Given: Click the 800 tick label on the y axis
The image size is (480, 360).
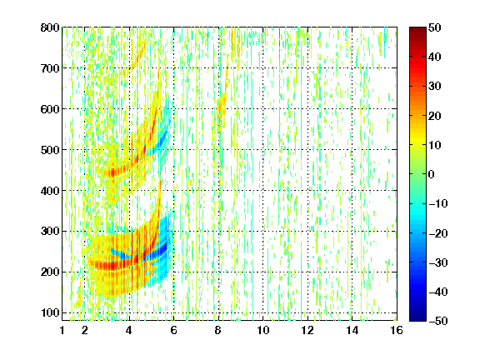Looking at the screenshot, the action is click(50, 27).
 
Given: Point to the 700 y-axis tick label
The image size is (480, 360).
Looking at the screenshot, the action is click(50, 68).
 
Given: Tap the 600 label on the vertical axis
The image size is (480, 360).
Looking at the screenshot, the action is click(50, 109).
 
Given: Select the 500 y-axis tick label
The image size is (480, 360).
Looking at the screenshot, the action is click(50, 150).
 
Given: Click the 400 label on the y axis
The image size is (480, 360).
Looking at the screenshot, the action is click(50, 191).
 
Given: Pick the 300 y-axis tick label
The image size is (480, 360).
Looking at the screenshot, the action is click(50, 232).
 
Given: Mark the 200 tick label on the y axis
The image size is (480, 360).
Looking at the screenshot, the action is click(50, 272).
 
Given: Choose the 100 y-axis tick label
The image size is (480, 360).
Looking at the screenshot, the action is click(50, 312).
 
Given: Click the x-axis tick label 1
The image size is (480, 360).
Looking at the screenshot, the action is click(62, 330).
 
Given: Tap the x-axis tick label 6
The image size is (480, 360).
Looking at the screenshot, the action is click(174, 330).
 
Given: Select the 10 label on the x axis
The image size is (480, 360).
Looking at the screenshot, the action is click(263, 330).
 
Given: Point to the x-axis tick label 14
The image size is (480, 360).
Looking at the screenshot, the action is click(352, 330).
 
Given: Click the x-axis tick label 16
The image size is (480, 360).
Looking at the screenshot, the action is click(397, 330).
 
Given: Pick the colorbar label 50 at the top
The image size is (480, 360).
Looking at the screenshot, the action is click(435, 27).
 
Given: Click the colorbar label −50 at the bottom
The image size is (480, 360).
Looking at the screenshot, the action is click(438, 321).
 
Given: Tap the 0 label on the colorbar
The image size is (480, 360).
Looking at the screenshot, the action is click(432, 174).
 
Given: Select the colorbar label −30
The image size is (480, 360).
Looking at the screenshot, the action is click(438, 262).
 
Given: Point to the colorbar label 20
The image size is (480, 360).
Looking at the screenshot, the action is click(435, 116).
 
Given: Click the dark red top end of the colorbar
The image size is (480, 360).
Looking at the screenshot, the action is click(417, 29).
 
